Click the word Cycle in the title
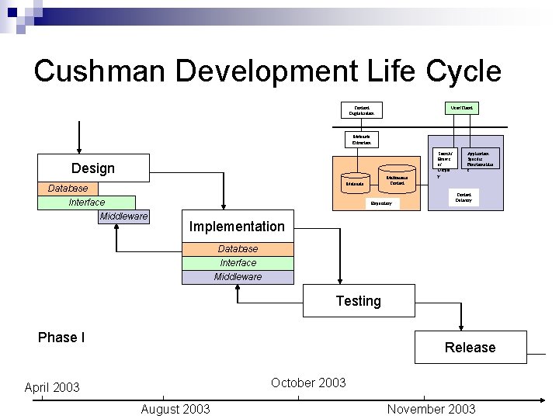pyautogui.click(x=463, y=71)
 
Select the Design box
pyautogui.click(x=92, y=168)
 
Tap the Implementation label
pyautogui.click(x=237, y=227)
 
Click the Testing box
pyautogui.click(x=358, y=301)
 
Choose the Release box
pyautogui.click(x=470, y=347)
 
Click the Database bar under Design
pyautogui.click(x=68, y=189)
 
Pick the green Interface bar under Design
pyautogui.click(x=86, y=203)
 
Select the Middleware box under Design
pyautogui.click(x=123, y=216)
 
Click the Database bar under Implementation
pyautogui.click(x=238, y=249)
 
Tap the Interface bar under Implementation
pyautogui.click(x=238, y=263)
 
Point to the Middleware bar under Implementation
pyautogui.click(x=238, y=277)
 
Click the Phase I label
pyautogui.click(x=61, y=338)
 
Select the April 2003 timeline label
pyautogui.click(x=52, y=387)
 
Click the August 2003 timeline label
pyautogui.click(x=175, y=409)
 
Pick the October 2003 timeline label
pyautogui.click(x=308, y=383)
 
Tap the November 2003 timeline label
pyautogui.click(x=431, y=409)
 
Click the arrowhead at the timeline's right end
pyautogui.click(x=543, y=400)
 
